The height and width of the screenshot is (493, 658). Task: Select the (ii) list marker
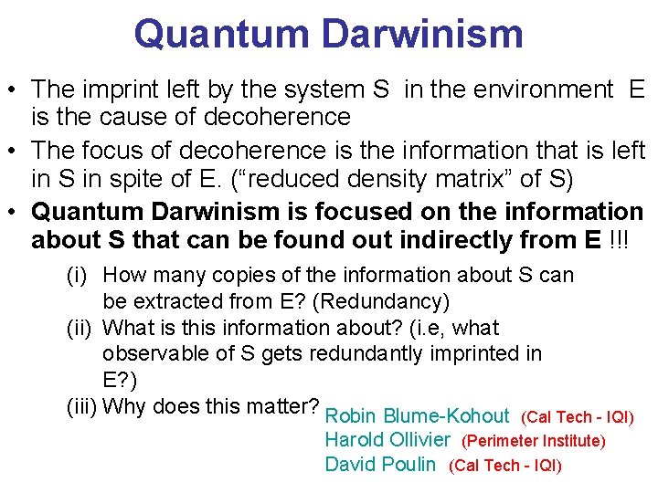(x=80, y=328)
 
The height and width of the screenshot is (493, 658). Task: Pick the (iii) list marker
(x=81, y=406)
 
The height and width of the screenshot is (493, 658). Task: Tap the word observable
(x=147, y=353)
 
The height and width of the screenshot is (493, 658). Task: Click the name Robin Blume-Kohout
(x=417, y=416)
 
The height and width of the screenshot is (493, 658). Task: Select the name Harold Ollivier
(x=387, y=440)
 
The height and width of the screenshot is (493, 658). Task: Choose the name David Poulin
(x=380, y=465)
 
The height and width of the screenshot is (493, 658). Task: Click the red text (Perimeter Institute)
(x=534, y=441)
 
